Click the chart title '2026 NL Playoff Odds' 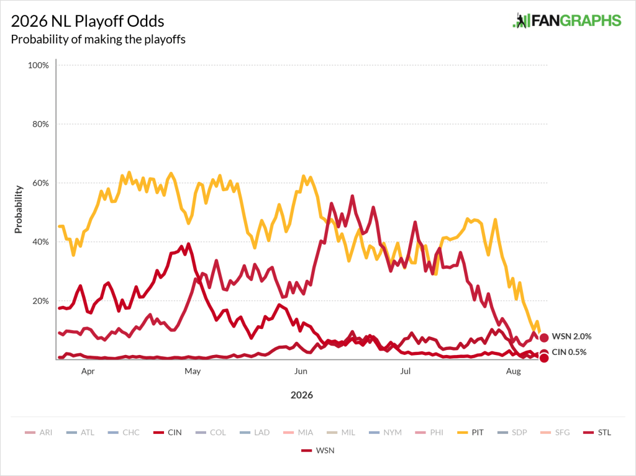point(88,22)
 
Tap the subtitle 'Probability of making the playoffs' point(98,39)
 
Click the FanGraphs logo point(566,20)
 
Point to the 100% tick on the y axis point(38,65)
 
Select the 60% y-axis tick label point(40,183)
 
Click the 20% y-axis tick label point(40,301)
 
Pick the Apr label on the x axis point(88,371)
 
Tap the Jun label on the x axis point(301,371)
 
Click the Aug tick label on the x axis point(514,371)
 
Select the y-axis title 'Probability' point(18,209)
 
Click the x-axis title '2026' point(302,395)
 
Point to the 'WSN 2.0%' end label point(571,336)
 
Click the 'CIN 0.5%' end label point(569,352)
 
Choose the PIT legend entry point(471,433)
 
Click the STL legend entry point(597,433)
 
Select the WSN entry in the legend point(318,451)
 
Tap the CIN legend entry point(168,433)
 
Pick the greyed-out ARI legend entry point(39,433)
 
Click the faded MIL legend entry point(341,433)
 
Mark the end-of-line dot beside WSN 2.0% point(544,338)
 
